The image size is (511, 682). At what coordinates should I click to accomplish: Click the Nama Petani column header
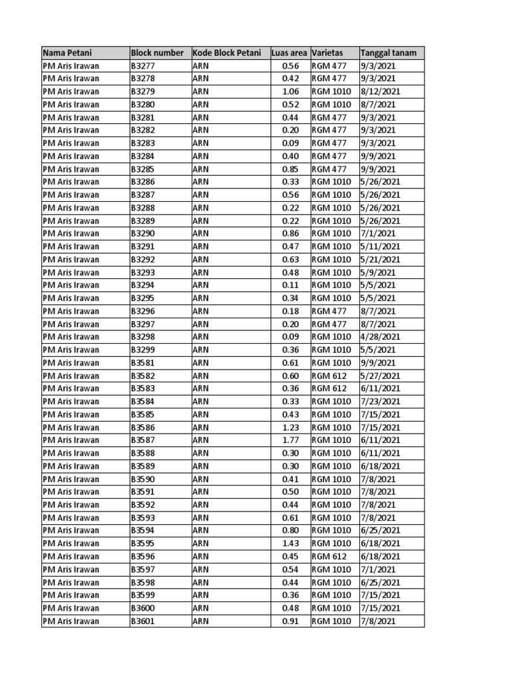67,53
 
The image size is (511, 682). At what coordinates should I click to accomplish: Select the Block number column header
157,53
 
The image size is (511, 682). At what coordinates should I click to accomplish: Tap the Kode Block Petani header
226,53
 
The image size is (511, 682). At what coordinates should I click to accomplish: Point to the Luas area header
289,53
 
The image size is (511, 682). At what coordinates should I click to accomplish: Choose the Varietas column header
327,53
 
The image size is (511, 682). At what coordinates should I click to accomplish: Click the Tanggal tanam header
383,53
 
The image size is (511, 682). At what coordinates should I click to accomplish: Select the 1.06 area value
291,91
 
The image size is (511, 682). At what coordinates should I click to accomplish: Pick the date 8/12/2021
380,91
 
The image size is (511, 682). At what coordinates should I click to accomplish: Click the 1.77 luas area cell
291,440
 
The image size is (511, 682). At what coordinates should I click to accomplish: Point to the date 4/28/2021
380,337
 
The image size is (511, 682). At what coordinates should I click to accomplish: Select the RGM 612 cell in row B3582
329,376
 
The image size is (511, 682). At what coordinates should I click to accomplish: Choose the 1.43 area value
291,543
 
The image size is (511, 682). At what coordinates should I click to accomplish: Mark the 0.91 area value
291,621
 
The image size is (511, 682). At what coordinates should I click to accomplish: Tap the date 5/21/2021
380,260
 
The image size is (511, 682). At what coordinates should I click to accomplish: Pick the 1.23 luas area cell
291,428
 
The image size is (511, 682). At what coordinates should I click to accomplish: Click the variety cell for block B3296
329,311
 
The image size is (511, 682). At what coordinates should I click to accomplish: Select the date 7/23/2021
380,402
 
